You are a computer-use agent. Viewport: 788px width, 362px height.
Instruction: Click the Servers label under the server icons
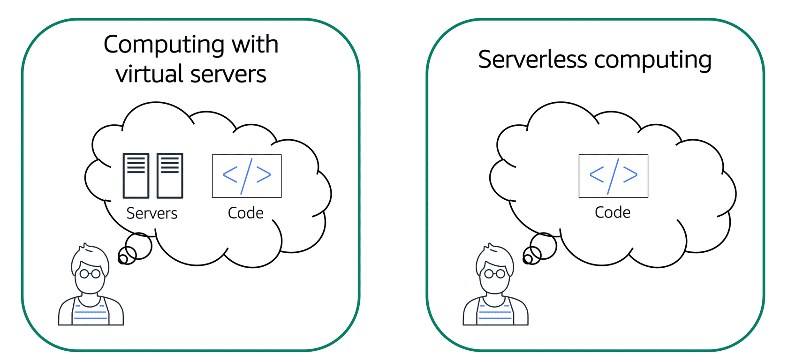coord(152,213)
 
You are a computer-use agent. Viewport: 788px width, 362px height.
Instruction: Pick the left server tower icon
coord(136,175)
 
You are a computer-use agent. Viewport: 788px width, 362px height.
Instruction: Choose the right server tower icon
coord(170,175)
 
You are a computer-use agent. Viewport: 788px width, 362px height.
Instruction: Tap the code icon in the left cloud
coord(247,176)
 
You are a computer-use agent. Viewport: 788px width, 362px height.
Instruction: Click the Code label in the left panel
coord(246,213)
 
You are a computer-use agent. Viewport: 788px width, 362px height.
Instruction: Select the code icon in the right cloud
coord(614,176)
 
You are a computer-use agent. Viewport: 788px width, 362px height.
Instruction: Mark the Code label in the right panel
coord(613,212)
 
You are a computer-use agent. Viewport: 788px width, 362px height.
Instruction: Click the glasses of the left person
coord(90,273)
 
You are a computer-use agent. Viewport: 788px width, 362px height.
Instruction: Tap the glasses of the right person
coord(495,273)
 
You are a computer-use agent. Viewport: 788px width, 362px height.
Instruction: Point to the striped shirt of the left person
coord(91,313)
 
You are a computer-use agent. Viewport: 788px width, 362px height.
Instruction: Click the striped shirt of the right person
coord(495,313)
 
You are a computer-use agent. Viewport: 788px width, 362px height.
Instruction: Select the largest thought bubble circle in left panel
coord(139,246)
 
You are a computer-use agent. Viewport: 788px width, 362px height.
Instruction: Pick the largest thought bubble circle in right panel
coord(544,246)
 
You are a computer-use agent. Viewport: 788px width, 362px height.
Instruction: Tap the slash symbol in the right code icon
coord(614,176)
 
